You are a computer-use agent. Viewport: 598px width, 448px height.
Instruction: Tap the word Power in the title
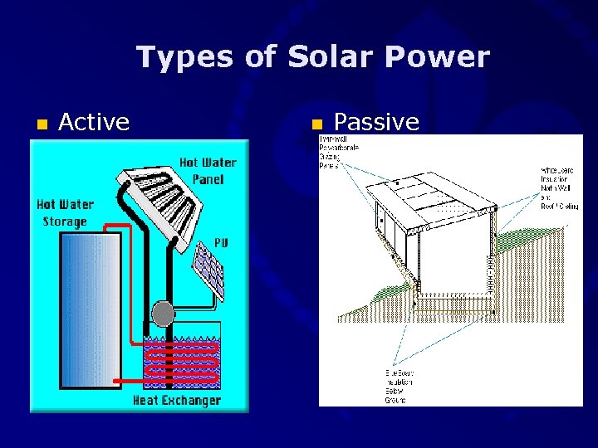444,57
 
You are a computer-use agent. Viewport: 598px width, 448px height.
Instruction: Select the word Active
94,123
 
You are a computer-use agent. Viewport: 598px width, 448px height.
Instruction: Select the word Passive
376,123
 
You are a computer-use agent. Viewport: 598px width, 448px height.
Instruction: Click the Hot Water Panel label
208,170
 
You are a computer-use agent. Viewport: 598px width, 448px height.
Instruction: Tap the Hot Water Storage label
65,212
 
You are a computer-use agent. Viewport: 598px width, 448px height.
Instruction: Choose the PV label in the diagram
220,241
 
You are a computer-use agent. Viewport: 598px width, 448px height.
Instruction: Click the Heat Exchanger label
177,401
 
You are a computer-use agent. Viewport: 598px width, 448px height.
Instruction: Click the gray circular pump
164,313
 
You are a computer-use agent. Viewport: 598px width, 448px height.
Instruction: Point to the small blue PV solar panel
208,270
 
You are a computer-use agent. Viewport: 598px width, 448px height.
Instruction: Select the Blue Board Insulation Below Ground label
398,385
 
